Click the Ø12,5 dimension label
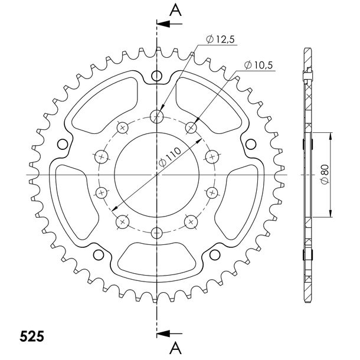[220, 40]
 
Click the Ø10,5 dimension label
[258, 65]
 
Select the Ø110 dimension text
[170, 157]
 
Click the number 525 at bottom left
[32, 337]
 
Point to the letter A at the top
[176, 11]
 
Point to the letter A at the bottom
[176, 348]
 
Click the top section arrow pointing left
[169, 24]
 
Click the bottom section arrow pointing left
[169, 333]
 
